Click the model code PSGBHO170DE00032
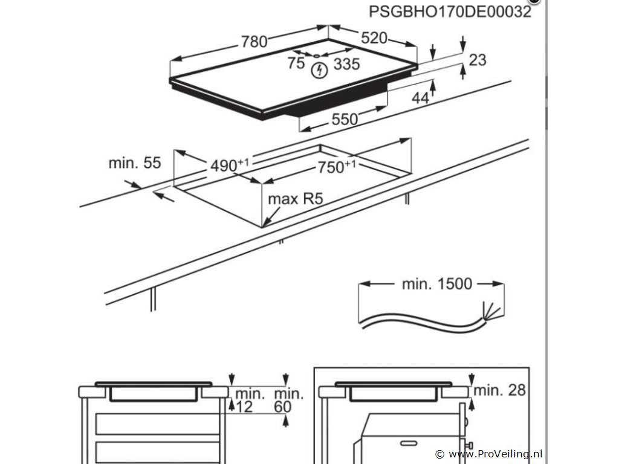[x=450, y=12]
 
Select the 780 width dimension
[x=254, y=42]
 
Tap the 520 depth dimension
[x=374, y=37]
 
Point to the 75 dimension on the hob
[x=296, y=62]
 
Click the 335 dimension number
[x=346, y=63]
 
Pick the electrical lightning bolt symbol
[x=318, y=71]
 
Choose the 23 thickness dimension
[x=478, y=60]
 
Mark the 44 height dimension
[x=421, y=97]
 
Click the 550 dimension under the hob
[x=345, y=119]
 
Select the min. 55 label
[x=135, y=163]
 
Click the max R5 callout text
[x=293, y=199]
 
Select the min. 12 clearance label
[x=250, y=400]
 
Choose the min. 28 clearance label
[x=499, y=390]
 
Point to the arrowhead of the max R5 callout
[x=265, y=224]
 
